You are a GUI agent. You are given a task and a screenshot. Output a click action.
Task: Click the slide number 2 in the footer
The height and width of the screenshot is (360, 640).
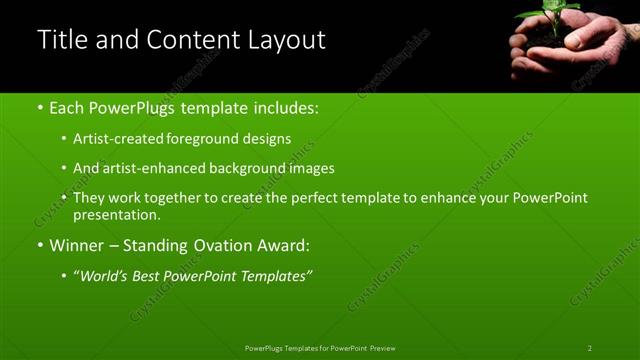(x=589, y=348)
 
